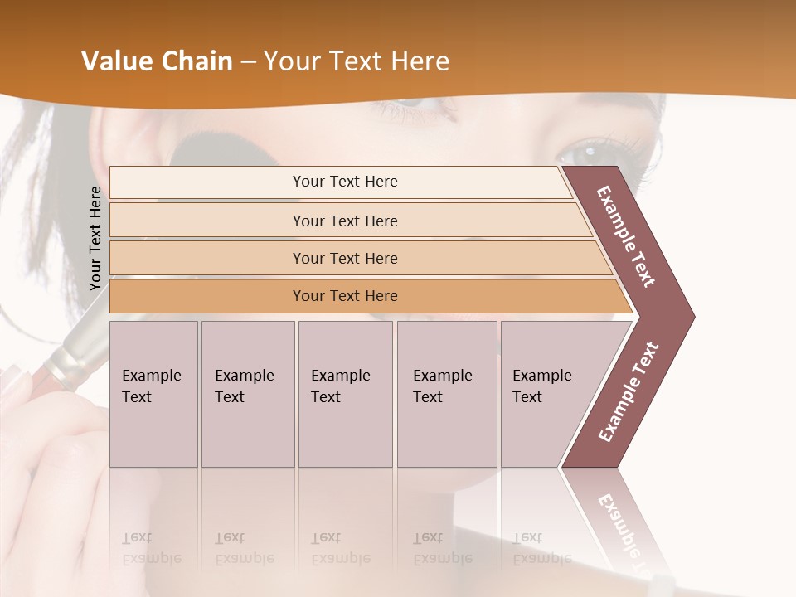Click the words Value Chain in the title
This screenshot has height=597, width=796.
pos(157,61)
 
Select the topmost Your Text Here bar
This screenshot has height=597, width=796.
pos(344,182)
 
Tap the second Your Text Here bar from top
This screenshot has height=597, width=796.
pos(344,221)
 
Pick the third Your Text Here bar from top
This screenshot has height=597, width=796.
pos(344,258)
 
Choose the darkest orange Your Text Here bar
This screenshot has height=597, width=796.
pos(344,296)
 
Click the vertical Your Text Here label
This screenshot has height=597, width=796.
pos(95,238)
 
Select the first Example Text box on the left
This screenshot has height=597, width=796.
pos(153,394)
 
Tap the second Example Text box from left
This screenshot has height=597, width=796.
pos(247,394)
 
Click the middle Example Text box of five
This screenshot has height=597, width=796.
pos(345,394)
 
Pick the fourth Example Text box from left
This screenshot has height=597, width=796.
pos(446,394)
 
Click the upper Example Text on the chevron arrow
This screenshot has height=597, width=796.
pos(627,236)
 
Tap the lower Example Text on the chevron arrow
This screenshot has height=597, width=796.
pos(629,392)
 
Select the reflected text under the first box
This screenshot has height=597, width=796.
pos(151,548)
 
